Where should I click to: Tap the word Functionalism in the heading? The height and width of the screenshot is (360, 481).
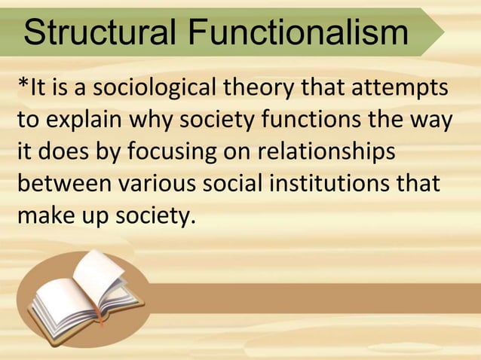click(299, 33)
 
